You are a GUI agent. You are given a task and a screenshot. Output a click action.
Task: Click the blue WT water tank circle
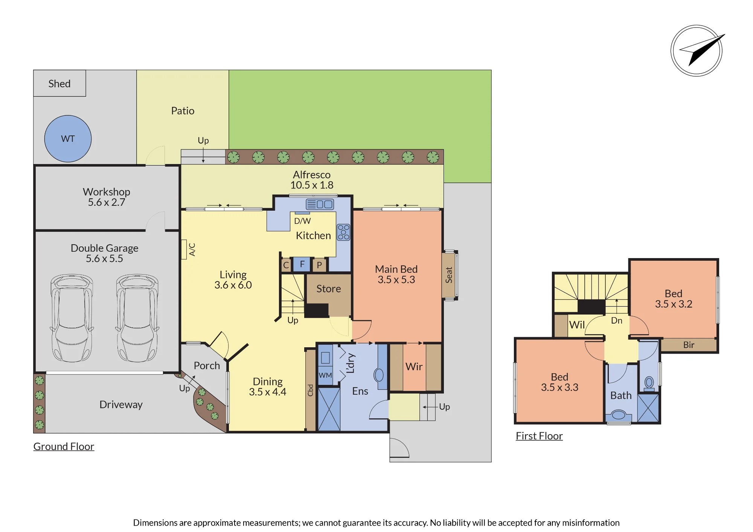(x=68, y=138)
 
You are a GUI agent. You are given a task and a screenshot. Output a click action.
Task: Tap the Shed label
(x=59, y=84)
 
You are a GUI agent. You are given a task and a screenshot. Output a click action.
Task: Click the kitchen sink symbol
(x=320, y=204)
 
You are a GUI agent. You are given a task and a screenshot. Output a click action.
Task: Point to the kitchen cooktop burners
(x=343, y=232)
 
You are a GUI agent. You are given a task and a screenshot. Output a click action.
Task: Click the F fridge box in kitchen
(x=302, y=264)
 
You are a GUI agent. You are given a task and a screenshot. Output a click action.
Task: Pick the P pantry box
(x=319, y=265)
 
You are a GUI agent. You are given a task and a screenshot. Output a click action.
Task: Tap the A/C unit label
(x=192, y=249)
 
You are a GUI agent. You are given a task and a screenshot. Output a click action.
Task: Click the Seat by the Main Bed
(x=449, y=275)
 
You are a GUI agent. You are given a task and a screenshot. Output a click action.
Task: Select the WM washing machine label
(x=325, y=375)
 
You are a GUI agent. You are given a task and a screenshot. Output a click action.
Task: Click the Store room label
(x=329, y=289)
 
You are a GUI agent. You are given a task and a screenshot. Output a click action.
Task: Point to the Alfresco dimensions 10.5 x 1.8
(x=312, y=185)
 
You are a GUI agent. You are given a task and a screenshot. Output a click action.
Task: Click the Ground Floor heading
(x=64, y=446)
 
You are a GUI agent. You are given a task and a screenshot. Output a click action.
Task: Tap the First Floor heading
(x=539, y=436)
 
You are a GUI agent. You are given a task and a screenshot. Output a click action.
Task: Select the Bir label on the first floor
(x=689, y=345)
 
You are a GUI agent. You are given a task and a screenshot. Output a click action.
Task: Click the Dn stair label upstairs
(x=617, y=321)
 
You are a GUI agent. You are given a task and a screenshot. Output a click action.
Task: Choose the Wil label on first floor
(x=577, y=325)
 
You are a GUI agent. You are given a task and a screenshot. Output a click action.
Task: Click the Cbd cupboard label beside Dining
(x=310, y=390)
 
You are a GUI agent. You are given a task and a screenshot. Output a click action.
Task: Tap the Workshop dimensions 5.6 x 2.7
(x=107, y=202)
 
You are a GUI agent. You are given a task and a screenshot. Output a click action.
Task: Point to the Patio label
(x=183, y=111)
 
